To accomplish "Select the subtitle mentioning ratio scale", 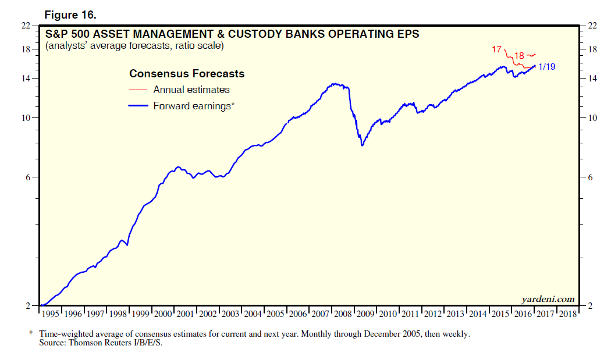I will pyautogui.click(x=134, y=45).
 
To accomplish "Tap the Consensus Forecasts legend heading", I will pyautogui.click(x=186, y=74).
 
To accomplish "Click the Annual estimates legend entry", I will pyautogui.click(x=191, y=90).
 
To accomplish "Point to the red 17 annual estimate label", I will pyautogui.click(x=496, y=49).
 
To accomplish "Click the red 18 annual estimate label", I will pyautogui.click(x=520, y=55).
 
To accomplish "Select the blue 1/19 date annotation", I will pyautogui.click(x=547, y=66).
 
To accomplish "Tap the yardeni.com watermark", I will pyautogui.click(x=545, y=299).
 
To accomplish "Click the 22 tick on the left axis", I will pyautogui.click(x=26, y=26).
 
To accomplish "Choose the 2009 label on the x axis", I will pyautogui.click(x=365, y=313).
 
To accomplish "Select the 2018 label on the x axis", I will pyautogui.click(x=567, y=313).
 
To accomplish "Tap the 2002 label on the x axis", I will pyautogui.click(x=209, y=313).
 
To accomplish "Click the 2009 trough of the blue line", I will pyautogui.click(x=362, y=145).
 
